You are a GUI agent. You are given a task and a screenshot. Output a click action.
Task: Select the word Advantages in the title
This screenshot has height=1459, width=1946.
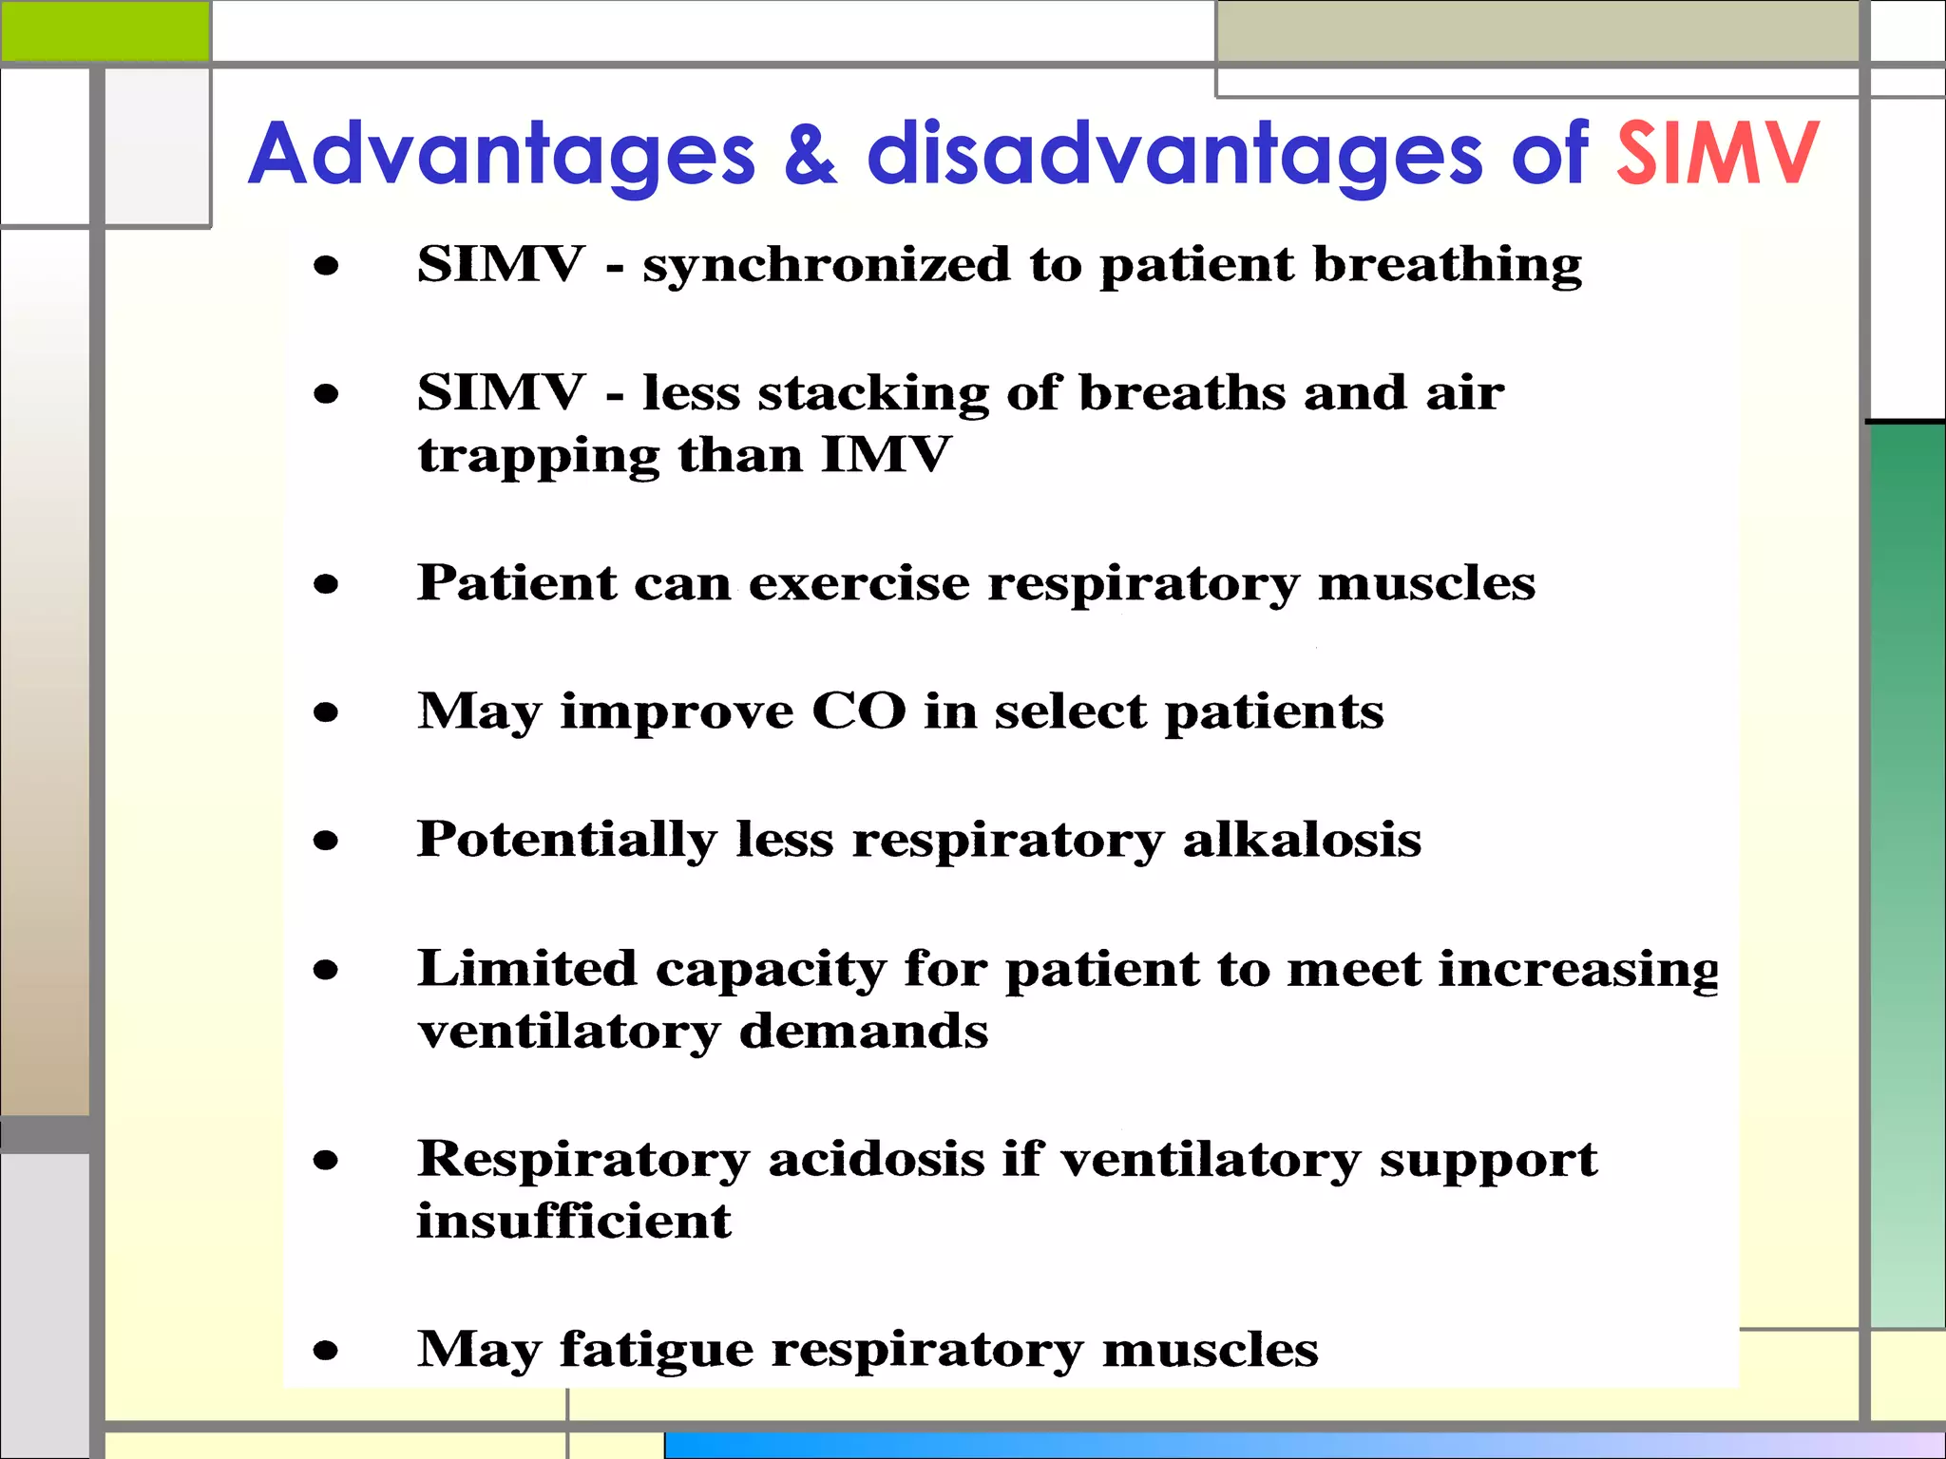pos(501,155)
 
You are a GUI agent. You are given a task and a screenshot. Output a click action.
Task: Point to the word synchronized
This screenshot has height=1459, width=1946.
pos(826,265)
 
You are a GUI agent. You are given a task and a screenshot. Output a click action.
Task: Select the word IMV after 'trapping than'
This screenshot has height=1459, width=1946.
pos(885,455)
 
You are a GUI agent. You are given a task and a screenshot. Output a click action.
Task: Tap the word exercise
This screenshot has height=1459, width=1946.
pos(859,583)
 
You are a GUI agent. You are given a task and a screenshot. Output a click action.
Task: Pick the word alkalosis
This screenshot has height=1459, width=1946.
pos(1302,840)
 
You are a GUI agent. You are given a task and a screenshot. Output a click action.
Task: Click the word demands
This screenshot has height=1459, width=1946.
pos(864,1032)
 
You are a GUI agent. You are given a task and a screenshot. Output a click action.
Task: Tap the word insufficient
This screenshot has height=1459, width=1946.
pos(574,1222)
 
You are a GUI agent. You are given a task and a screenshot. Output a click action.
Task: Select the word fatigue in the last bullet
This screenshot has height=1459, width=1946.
pos(656,1350)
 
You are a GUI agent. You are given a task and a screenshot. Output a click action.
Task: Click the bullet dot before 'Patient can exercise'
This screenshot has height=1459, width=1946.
pos(326,584)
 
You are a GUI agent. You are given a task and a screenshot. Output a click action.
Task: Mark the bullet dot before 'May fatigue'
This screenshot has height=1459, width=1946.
pos(326,1350)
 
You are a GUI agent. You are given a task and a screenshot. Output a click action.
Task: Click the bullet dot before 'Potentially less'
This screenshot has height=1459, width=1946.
pos(326,840)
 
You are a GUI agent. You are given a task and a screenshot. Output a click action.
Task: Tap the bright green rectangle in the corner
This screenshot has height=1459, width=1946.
pos(105,30)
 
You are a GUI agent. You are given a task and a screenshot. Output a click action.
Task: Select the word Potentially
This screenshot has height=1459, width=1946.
pos(566,841)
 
